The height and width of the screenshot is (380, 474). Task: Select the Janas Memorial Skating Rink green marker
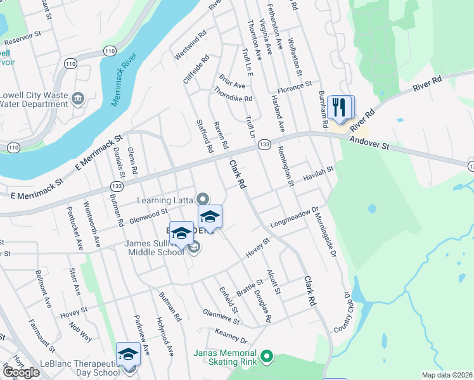point(266,357)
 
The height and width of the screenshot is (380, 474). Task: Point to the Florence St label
point(294,84)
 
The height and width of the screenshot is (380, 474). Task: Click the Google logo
point(22,372)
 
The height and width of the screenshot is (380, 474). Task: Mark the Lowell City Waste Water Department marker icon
point(78,99)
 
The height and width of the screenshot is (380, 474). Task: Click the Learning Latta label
point(165,200)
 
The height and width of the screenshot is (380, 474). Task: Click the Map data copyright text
point(447,375)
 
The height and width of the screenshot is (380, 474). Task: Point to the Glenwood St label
point(147,215)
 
